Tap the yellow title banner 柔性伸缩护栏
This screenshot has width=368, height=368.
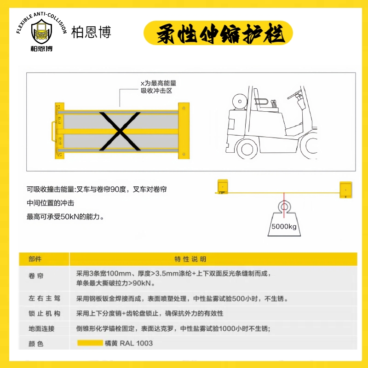(x=218, y=34)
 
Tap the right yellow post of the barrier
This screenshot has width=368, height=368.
(x=184, y=131)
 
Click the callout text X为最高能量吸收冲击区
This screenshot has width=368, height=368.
(x=158, y=87)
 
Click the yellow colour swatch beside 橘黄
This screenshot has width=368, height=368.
(x=90, y=343)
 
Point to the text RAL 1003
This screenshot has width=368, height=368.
(x=136, y=343)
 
